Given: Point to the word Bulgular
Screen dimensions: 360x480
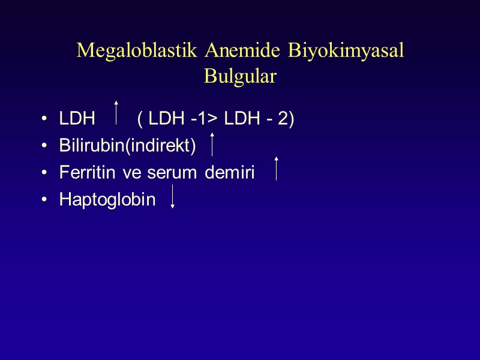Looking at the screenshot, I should coord(240,77).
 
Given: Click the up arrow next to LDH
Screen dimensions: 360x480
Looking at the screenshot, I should coord(116,113).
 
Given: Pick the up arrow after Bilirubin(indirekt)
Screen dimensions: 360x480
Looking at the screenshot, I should coord(212,145).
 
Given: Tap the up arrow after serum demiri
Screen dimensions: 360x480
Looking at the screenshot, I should coord(276,169).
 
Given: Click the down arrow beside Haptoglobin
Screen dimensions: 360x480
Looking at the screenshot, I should coord(172,197).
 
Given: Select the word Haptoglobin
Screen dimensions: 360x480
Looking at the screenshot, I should coord(107,200).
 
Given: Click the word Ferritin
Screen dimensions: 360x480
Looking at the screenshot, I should coord(82,173).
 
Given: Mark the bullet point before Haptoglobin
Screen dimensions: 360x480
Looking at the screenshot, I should coord(45,200).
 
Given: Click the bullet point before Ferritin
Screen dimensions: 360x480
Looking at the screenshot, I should coord(45,173).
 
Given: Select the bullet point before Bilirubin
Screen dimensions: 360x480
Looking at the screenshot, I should coord(45,146).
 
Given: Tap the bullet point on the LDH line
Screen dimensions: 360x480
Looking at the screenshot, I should coord(45,119).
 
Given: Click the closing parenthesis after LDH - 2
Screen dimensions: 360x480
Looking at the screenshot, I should coord(291,119).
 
